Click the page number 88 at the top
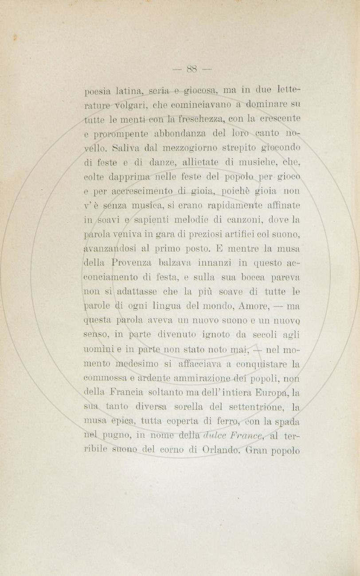192,69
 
